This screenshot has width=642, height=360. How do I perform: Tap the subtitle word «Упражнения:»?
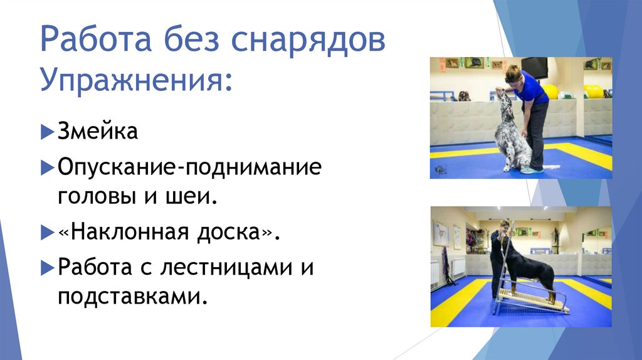(x=134, y=81)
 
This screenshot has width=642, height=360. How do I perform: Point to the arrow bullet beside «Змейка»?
(x=48, y=133)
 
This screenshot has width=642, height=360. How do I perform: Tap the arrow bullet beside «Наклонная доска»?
(x=48, y=233)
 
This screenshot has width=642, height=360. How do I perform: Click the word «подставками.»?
(x=132, y=296)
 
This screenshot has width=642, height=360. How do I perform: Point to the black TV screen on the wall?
(x=534, y=67)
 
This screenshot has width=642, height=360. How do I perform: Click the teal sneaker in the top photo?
(x=532, y=170)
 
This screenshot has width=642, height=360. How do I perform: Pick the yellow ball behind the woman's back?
(x=551, y=92)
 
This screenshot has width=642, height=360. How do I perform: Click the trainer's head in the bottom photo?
(x=503, y=225)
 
